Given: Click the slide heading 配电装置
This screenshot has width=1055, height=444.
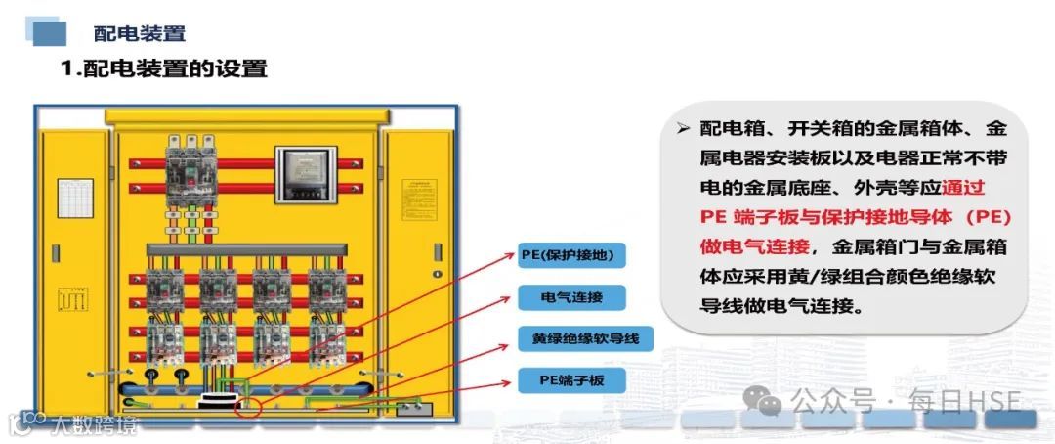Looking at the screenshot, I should [x=139, y=33].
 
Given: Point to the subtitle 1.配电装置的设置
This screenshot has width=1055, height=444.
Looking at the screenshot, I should [x=163, y=68].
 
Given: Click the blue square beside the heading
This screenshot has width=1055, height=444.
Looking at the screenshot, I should [x=49, y=33].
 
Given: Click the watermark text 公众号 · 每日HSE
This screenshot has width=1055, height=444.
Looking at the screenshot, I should [x=905, y=401].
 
